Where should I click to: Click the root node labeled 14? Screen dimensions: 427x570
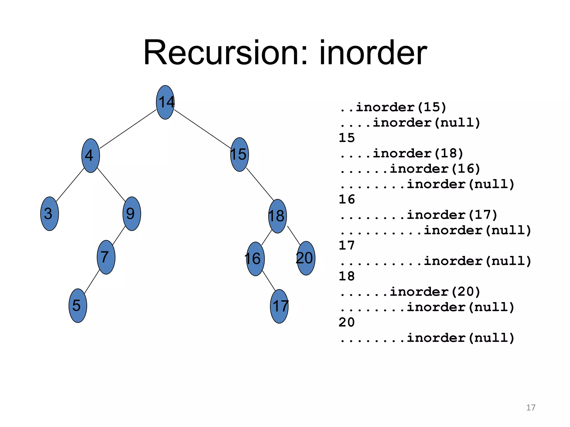[x=165, y=102]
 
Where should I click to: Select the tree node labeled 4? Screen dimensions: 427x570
[x=90, y=155]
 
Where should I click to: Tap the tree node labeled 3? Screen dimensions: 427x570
[x=50, y=214]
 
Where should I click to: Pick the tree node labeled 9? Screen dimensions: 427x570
[x=132, y=214]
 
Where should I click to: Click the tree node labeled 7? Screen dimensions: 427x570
[x=106, y=257]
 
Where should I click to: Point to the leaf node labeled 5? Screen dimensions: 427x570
[x=78, y=306]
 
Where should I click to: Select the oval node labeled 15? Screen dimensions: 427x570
[x=240, y=155]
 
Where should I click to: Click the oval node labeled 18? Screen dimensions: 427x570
[x=277, y=216]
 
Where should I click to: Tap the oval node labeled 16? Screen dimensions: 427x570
[x=255, y=259]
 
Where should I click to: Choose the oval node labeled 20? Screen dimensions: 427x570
[x=306, y=258]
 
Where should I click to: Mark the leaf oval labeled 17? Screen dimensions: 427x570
[x=279, y=306]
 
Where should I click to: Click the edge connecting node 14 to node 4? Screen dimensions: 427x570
[x=128, y=129]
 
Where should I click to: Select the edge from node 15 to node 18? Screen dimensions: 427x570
[x=260, y=184]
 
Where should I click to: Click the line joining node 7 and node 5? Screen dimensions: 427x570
[x=92, y=281]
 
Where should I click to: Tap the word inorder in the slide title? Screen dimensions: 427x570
[x=373, y=53]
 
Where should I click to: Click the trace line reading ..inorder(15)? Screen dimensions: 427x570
[x=393, y=107]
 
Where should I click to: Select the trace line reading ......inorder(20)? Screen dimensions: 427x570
[x=410, y=292]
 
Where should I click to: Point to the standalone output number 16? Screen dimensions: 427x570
[x=347, y=199]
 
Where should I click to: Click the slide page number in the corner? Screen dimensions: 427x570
[x=531, y=408]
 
